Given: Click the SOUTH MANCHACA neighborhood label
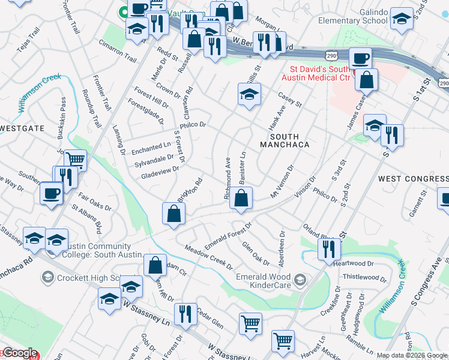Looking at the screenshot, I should [x=285, y=140].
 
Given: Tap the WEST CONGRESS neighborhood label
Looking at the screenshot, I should [x=413, y=179].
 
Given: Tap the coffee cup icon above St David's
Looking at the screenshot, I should [x=360, y=59].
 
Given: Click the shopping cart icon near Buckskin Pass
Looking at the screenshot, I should [x=75, y=160].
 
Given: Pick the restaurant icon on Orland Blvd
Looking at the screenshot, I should [x=328, y=247].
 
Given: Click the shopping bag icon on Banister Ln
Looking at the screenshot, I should [x=240, y=198].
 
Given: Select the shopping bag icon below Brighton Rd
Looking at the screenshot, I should [x=173, y=213].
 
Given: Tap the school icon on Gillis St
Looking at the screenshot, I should [x=249, y=94].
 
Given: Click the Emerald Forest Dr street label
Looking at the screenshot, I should [x=228, y=237].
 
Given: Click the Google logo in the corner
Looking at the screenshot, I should [x=19, y=353].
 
